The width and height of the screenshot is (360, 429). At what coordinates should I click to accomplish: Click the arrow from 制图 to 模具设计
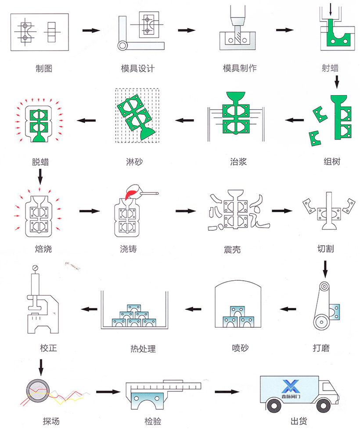click(91, 30)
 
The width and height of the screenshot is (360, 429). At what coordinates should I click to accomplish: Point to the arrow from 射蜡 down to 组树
click(337, 81)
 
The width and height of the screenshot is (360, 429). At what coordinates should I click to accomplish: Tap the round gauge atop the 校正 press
click(36, 268)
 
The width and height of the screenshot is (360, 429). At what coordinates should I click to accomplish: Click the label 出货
click(299, 422)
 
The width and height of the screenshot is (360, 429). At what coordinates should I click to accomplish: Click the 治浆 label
click(238, 161)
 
